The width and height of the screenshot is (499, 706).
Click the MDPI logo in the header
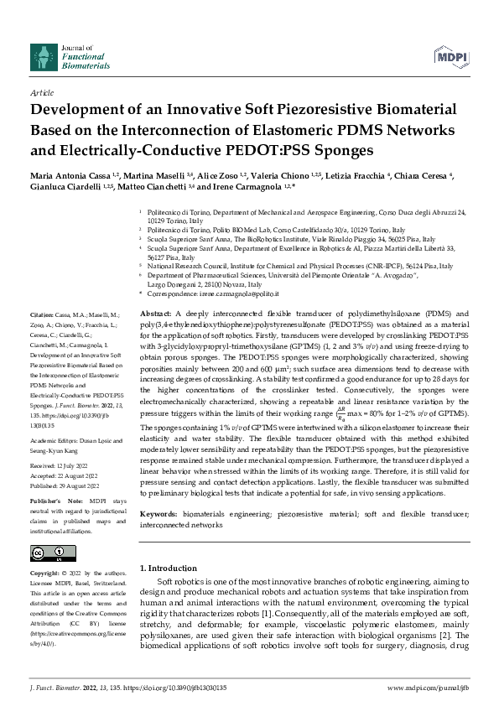click(x=451, y=55)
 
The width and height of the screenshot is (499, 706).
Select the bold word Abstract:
click(x=156, y=312)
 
